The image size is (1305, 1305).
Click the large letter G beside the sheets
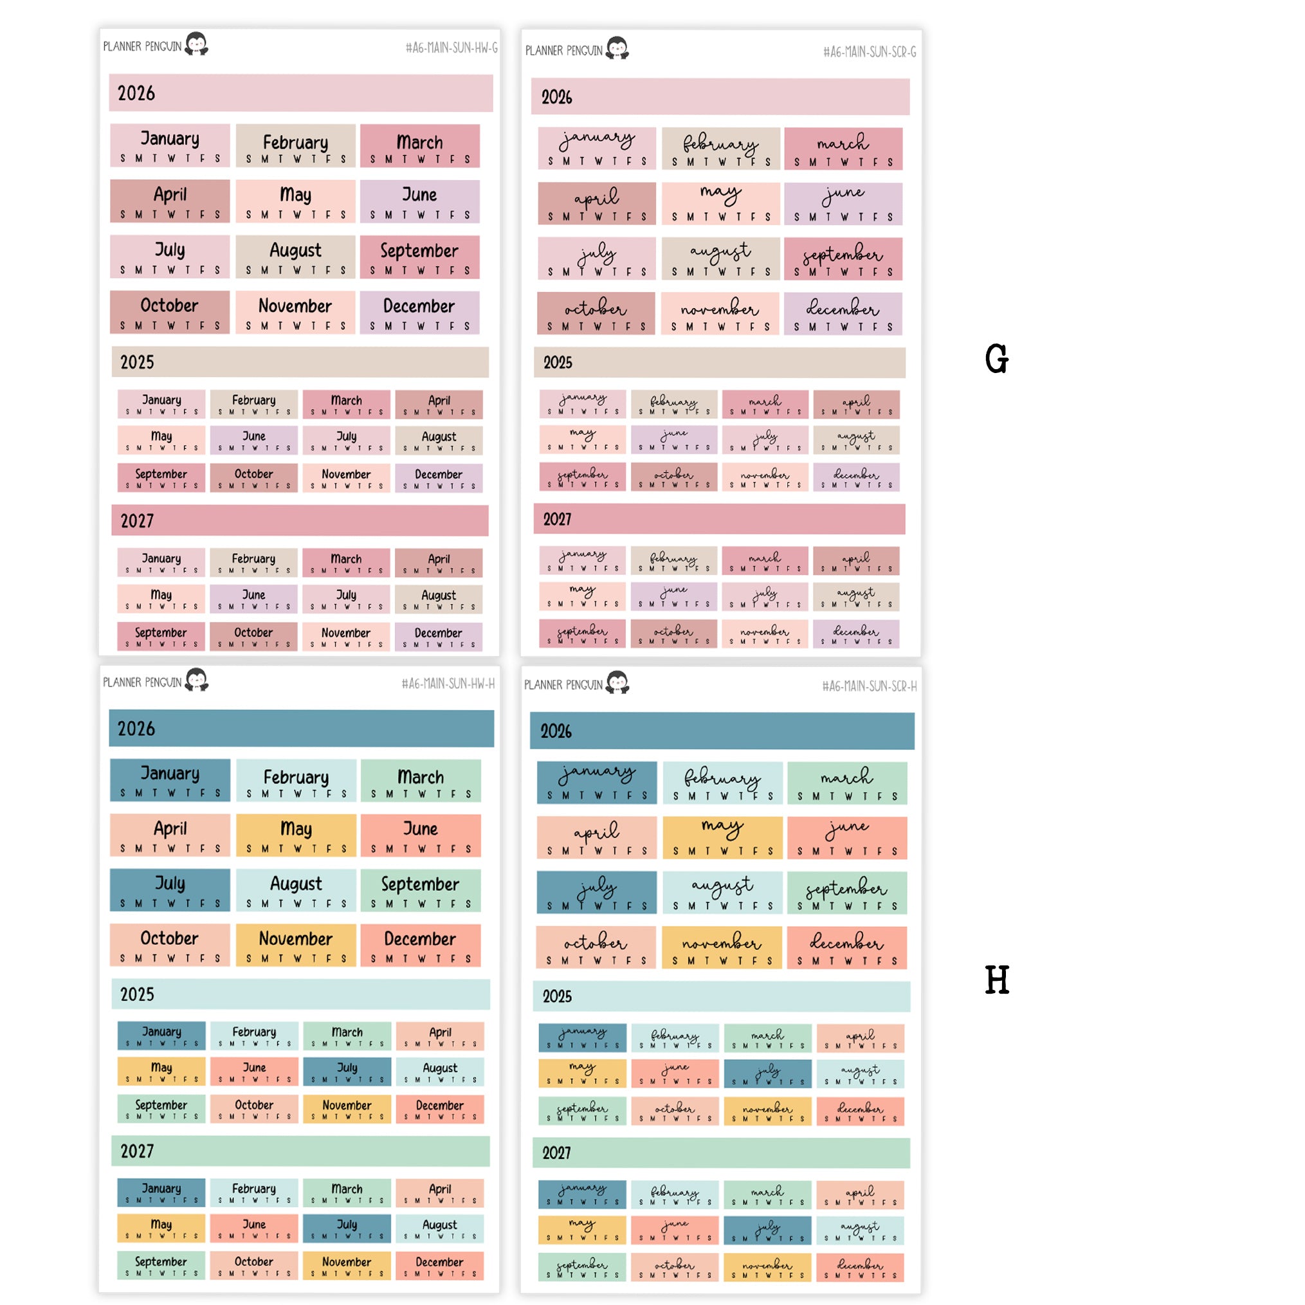point(996,359)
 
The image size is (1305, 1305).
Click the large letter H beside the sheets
point(996,980)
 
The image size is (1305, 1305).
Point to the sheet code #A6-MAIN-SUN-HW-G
point(452,48)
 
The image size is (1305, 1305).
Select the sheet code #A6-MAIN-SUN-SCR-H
point(869,686)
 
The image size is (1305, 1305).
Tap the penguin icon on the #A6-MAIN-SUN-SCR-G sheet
point(617,49)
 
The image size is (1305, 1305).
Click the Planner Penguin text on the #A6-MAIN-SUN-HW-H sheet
point(142,682)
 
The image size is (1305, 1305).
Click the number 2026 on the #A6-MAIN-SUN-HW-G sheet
point(136,93)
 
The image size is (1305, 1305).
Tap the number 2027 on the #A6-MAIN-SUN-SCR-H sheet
point(556,1153)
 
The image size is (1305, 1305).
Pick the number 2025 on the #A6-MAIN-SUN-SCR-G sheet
point(558,363)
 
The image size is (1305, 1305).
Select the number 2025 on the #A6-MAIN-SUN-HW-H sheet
point(137,994)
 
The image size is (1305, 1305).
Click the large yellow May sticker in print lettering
point(296,835)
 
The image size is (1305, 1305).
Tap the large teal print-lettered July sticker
point(170,890)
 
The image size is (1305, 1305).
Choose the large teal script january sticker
point(596,781)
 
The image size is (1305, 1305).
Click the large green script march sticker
point(846,783)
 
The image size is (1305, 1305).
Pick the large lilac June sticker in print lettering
point(419,201)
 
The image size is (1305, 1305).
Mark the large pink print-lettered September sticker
point(419,257)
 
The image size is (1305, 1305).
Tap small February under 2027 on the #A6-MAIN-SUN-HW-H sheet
point(254,1192)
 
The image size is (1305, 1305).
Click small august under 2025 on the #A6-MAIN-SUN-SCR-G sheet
point(856,440)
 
